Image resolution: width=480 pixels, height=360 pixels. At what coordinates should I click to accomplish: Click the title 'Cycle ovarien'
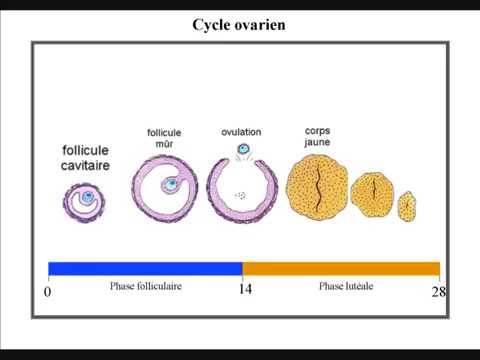(x=239, y=25)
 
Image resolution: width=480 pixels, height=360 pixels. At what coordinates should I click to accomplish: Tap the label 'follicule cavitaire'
(x=85, y=158)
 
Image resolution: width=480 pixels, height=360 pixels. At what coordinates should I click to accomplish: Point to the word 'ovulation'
(x=243, y=132)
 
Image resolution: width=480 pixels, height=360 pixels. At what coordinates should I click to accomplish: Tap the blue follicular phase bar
(x=145, y=268)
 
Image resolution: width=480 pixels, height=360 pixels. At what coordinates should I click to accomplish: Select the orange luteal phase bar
(x=341, y=268)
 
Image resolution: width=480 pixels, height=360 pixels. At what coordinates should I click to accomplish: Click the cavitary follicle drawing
(x=86, y=199)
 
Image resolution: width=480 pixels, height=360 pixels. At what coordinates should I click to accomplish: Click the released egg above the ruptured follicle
(x=243, y=151)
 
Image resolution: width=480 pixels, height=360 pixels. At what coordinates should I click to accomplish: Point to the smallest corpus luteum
(x=407, y=207)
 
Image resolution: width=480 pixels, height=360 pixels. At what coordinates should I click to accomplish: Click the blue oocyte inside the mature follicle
(x=172, y=184)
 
